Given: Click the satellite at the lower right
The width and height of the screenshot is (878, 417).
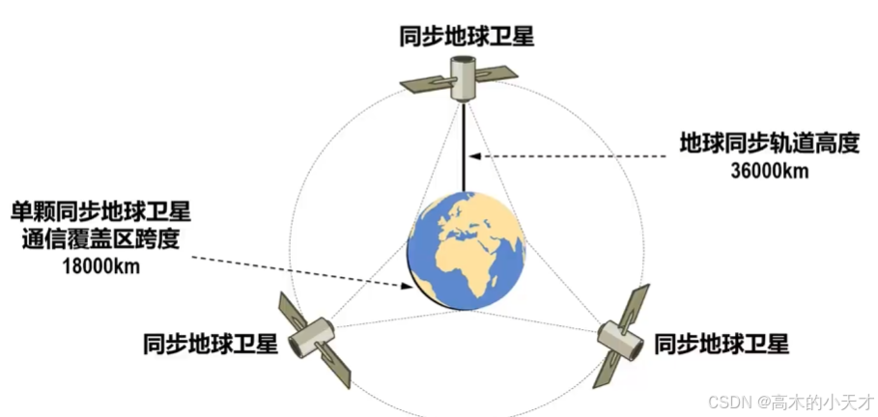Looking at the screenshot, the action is coord(619,338).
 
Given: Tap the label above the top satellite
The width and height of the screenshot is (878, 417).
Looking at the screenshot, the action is coord(467,37).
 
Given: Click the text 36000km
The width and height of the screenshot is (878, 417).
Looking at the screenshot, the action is coord(770,172).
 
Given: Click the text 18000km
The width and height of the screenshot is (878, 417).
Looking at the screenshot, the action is coord(99,264).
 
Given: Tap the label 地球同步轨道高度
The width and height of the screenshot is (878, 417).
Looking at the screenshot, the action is coord(770,146).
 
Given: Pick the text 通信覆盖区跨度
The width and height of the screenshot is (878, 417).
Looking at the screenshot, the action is coord(100,237).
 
